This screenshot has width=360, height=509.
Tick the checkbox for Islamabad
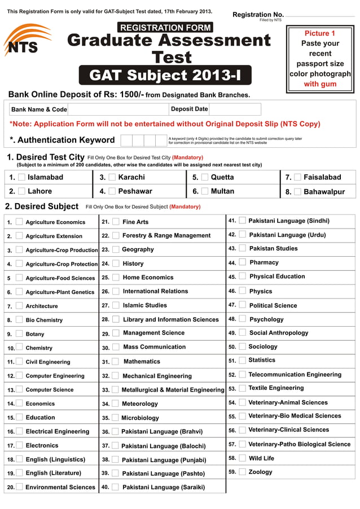click(x=21, y=177)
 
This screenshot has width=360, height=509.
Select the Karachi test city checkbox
click(x=112, y=177)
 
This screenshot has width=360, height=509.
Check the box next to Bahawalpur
click(x=297, y=192)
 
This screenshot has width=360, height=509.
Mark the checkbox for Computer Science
click(x=19, y=389)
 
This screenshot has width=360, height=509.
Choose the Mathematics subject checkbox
click(x=115, y=362)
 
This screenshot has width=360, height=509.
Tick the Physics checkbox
click(x=242, y=291)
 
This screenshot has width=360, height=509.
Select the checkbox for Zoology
click(x=242, y=472)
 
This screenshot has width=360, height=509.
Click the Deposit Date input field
click(x=234, y=109)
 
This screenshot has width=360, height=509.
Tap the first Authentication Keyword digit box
click(x=126, y=141)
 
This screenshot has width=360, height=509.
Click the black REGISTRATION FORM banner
click(x=165, y=27)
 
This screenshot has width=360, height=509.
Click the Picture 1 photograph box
click(x=320, y=59)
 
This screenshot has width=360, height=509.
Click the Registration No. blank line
click(x=319, y=15)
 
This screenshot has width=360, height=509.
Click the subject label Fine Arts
click(x=135, y=222)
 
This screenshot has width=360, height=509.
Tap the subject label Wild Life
click(x=261, y=458)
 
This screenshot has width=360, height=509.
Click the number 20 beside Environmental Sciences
click(x=11, y=487)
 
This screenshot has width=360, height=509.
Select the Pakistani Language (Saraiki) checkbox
click(x=115, y=486)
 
